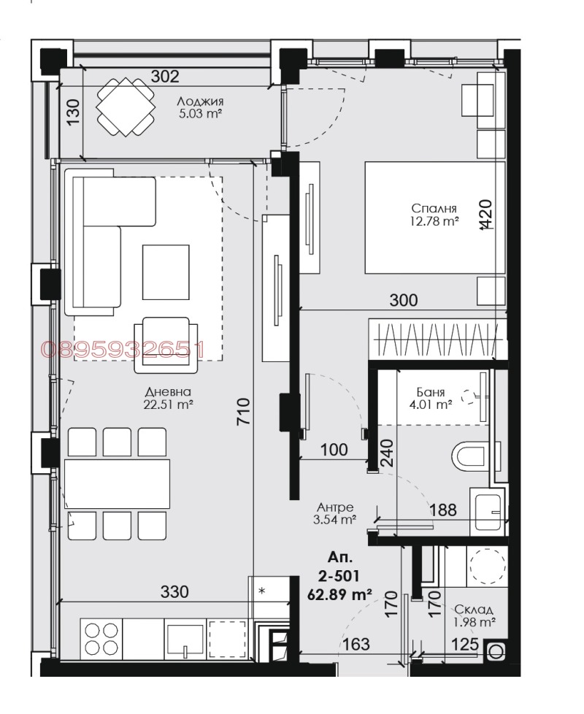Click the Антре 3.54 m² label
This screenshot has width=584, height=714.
point(335,513)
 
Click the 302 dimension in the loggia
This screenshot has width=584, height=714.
point(166,76)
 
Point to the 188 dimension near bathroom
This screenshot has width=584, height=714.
point(442,510)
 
